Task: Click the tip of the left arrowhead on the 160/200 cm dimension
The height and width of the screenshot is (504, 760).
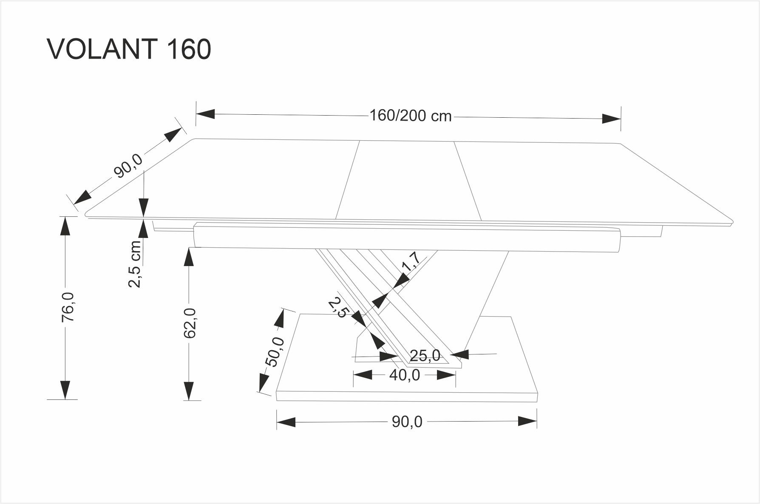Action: [196, 114]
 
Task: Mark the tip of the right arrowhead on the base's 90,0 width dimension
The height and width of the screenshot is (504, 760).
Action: [537, 422]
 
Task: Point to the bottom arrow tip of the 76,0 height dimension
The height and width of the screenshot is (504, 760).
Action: [65, 399]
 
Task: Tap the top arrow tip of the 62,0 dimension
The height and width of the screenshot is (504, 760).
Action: [189, 248]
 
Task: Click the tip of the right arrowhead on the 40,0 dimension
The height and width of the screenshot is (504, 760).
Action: [456, 374]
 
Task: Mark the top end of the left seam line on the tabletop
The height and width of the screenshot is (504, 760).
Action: [360, 141]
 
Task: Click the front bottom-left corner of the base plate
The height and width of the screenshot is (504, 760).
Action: [277, 400]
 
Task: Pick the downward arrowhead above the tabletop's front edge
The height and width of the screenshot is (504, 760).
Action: [144, 208]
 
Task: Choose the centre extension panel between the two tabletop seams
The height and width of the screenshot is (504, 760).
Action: [408, 181]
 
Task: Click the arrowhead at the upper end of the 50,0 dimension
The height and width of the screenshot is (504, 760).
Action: [281, 319]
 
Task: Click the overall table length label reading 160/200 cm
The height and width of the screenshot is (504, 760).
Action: [411, 116]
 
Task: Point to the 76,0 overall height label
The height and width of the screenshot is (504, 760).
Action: [68, 307]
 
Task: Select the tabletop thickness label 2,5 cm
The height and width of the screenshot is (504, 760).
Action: [135, 264]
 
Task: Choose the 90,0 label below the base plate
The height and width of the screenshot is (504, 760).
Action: [407, 422]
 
